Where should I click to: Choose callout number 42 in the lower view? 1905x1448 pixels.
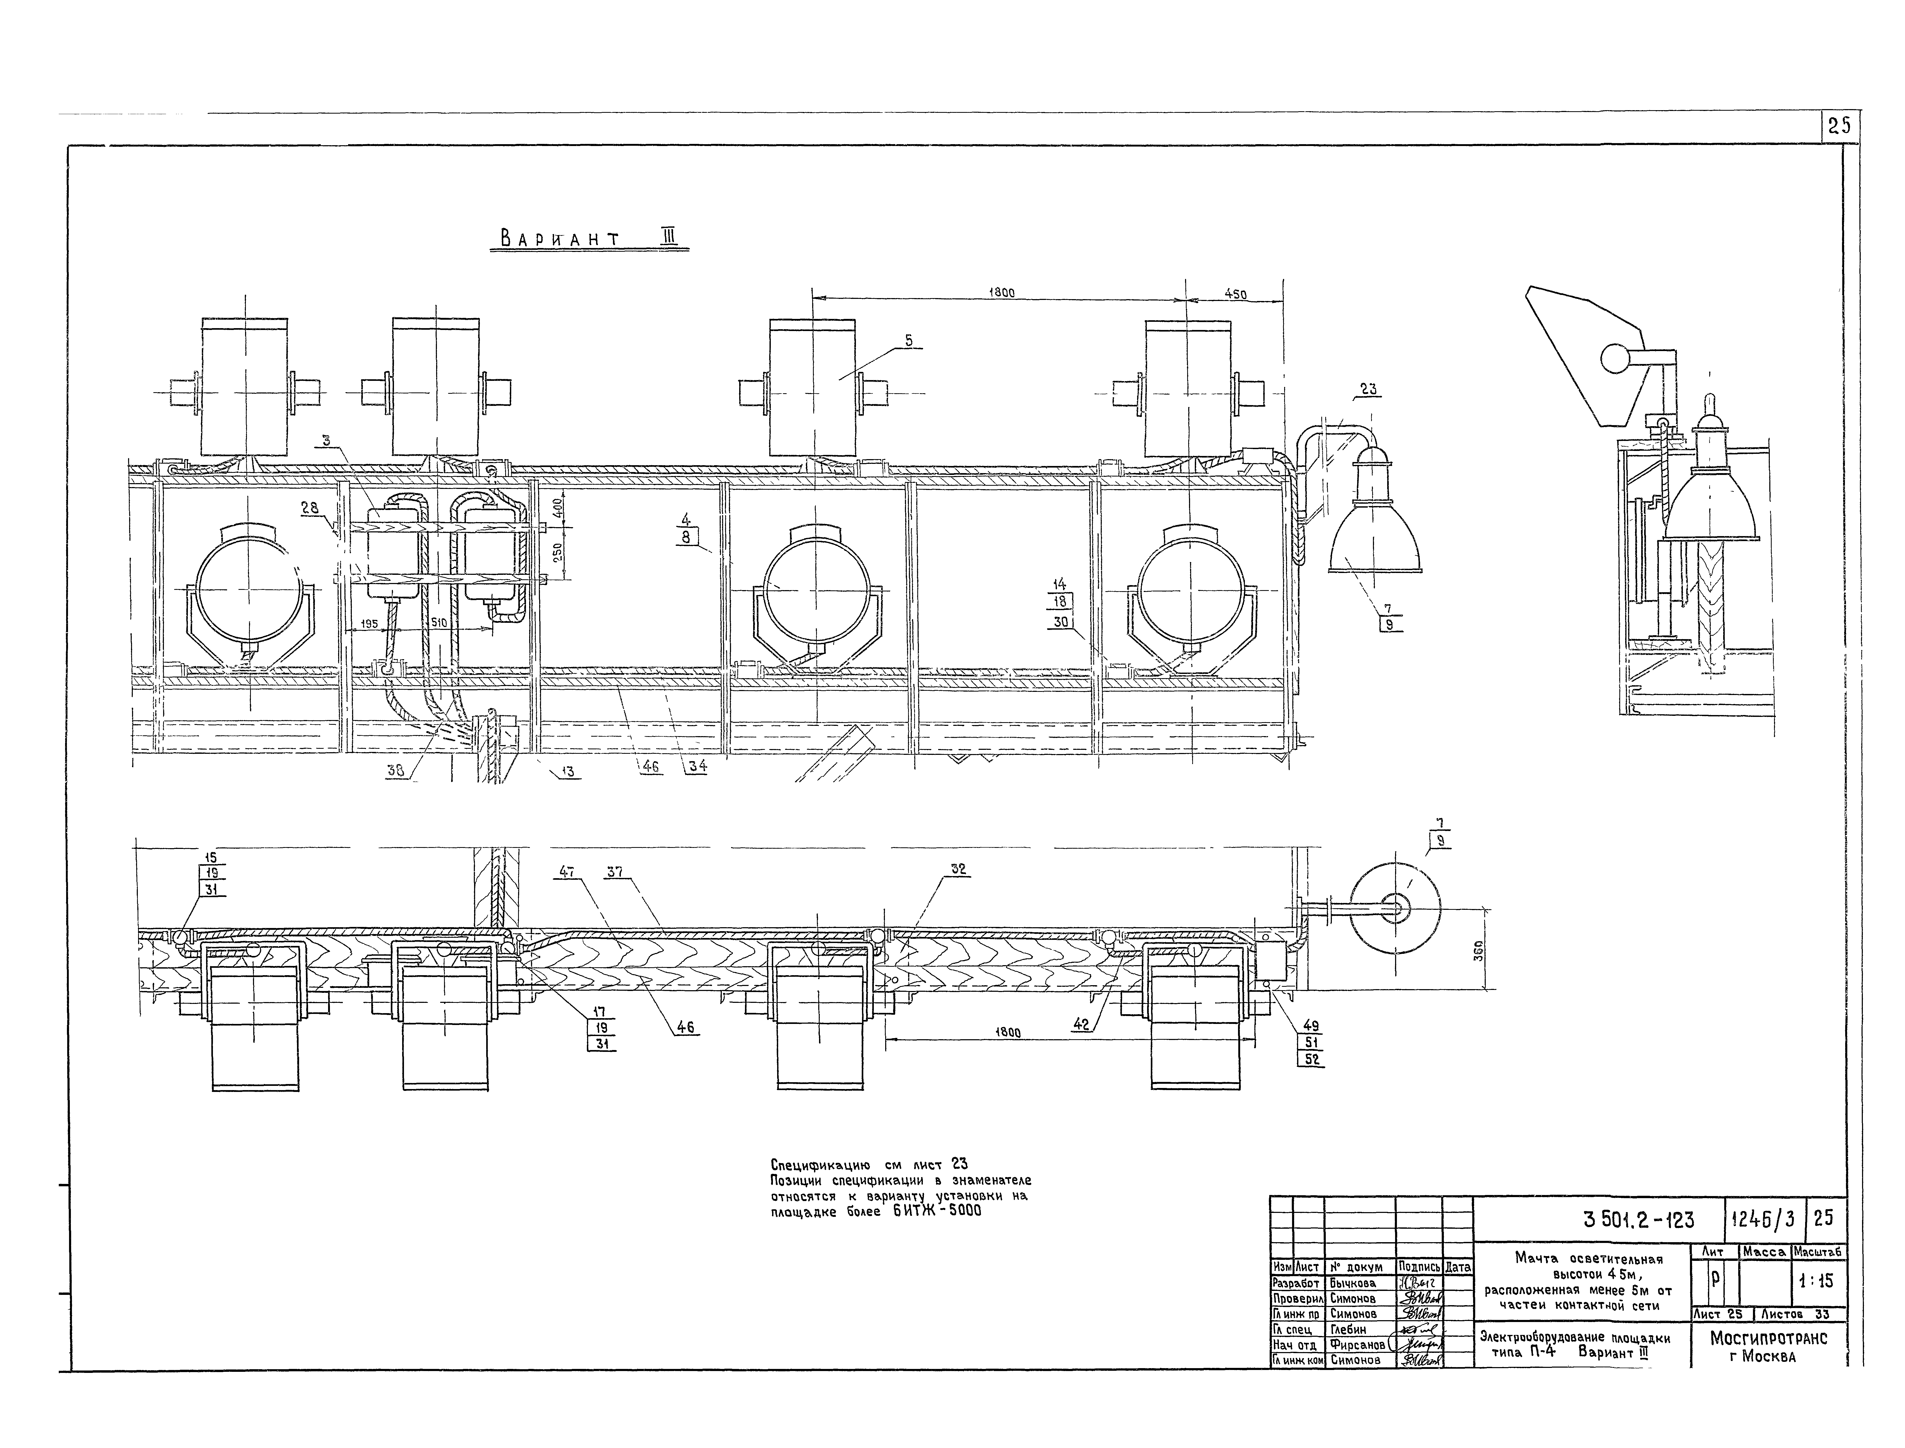point(1080,1025)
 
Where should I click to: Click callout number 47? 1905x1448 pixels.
point(566,872)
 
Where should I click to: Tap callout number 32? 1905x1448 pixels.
point(959,871)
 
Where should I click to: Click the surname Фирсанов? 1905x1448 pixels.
point(1357,1345)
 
